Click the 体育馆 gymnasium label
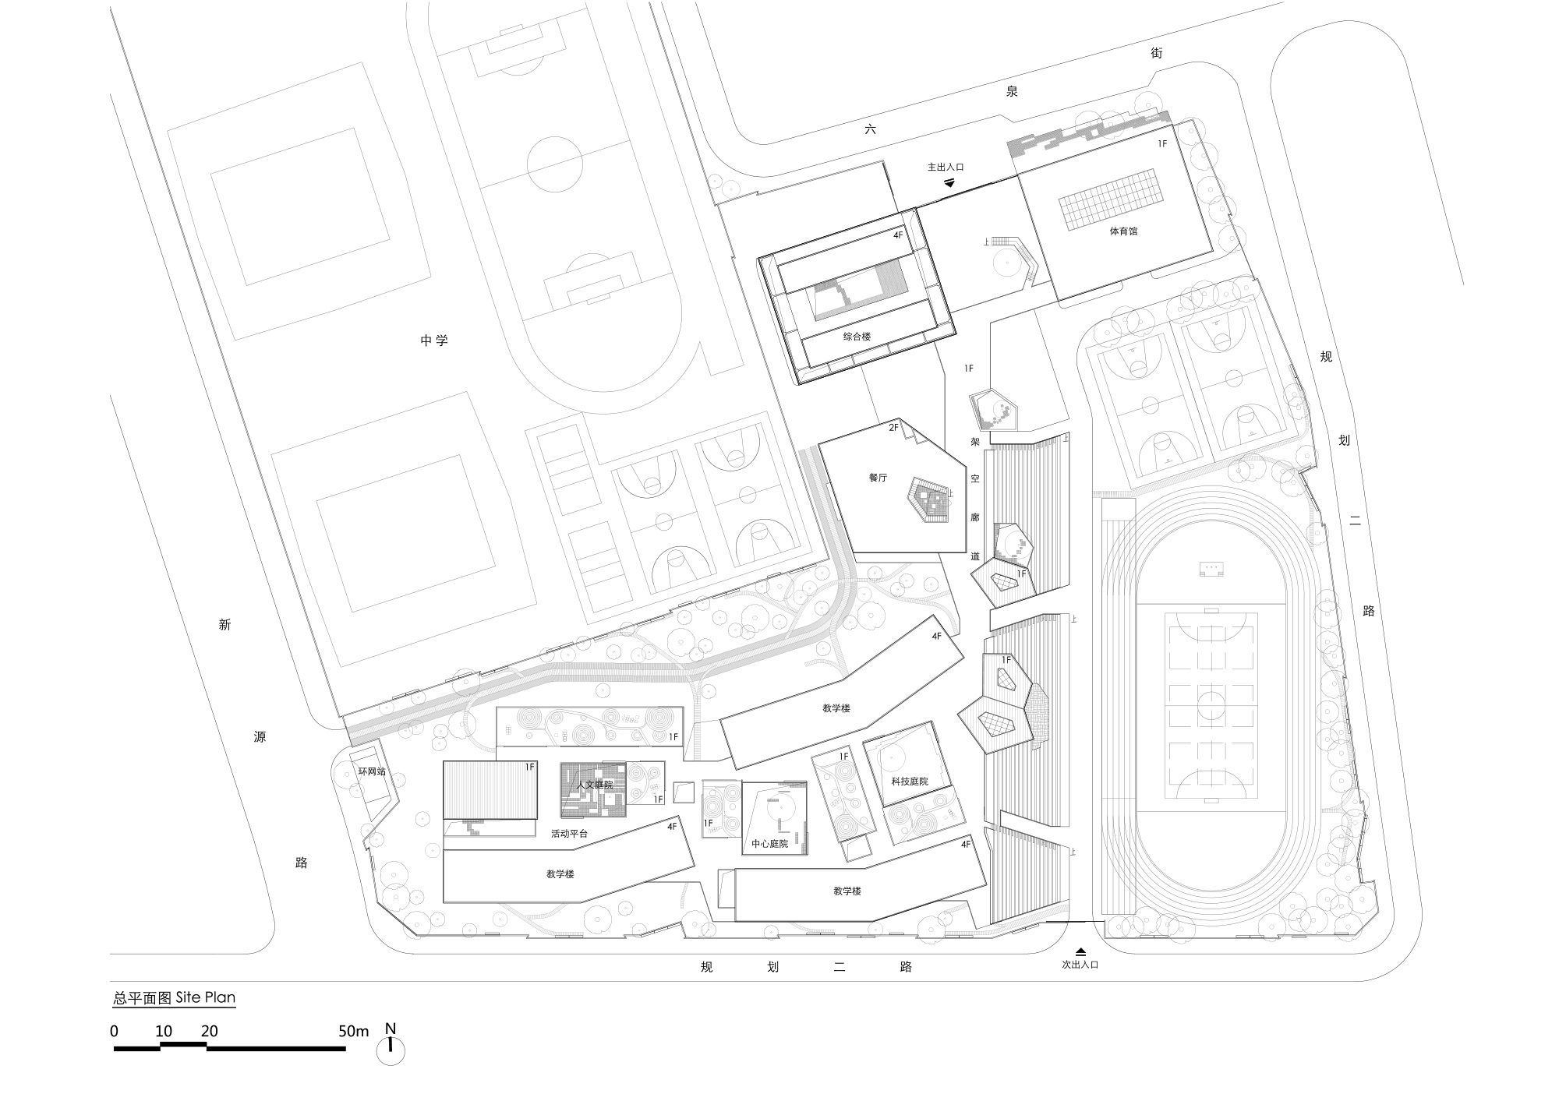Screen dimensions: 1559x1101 point(1122,231)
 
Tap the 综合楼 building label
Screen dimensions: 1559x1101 point(857,337)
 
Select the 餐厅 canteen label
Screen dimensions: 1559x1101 point(878,478)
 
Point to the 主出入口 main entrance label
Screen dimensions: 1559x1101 point(946,167)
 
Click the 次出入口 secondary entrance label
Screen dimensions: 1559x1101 point(1080,965)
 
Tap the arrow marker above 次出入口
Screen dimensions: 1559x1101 point(1081,951)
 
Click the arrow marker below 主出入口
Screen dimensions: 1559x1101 point(949,182)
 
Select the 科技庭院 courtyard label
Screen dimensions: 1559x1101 point(910,781)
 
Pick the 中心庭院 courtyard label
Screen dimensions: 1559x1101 point(769,844)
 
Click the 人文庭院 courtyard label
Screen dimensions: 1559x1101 point(595,785)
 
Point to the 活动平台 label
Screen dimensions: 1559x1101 point(569,834)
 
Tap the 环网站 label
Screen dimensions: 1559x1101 point(372,771)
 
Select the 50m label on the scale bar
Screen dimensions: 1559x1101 point(353,1031)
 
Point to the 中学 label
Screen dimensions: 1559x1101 point(434,341)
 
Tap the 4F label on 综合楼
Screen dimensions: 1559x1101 point(898,234)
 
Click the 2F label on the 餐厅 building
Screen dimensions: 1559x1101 point(894,427)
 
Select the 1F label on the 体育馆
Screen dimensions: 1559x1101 point(1162,143)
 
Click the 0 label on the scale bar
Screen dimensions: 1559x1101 point(115,1031)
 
